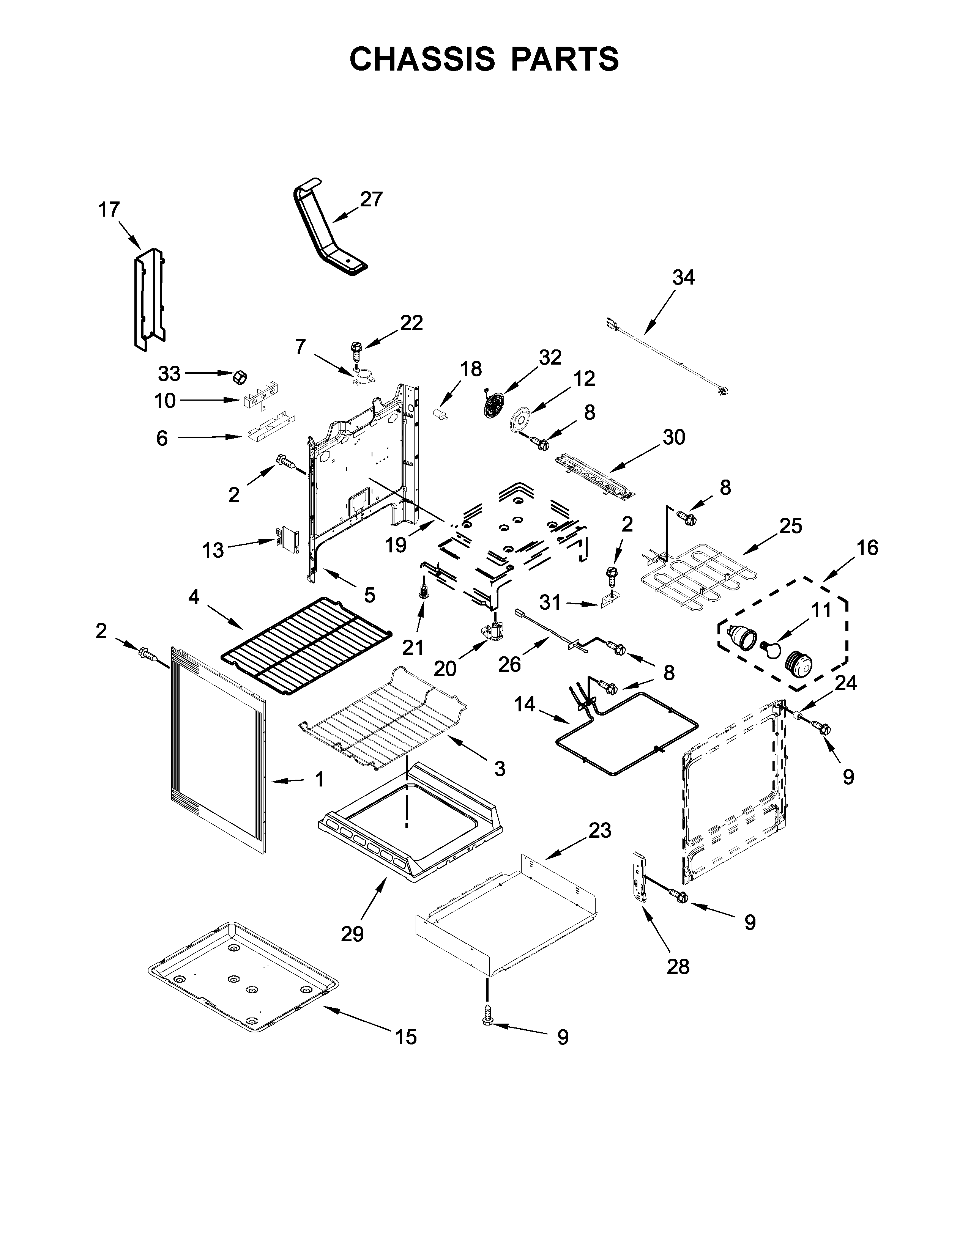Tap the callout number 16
[x=867, y=548]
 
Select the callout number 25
[x=790, y=526]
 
